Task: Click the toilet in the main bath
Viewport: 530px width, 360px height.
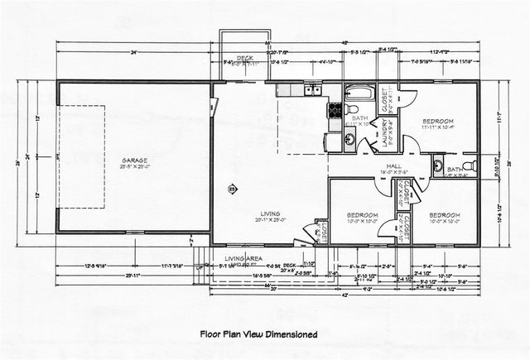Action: coord(352,111)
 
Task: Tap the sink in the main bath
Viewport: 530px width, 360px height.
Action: coord(349,140)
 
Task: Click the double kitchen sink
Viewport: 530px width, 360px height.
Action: coord(312,89)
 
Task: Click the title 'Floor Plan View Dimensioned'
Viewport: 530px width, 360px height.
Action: coord(259,334)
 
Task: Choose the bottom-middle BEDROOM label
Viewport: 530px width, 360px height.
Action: coord(362,215)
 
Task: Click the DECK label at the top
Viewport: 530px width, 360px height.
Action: coord(244,58)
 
